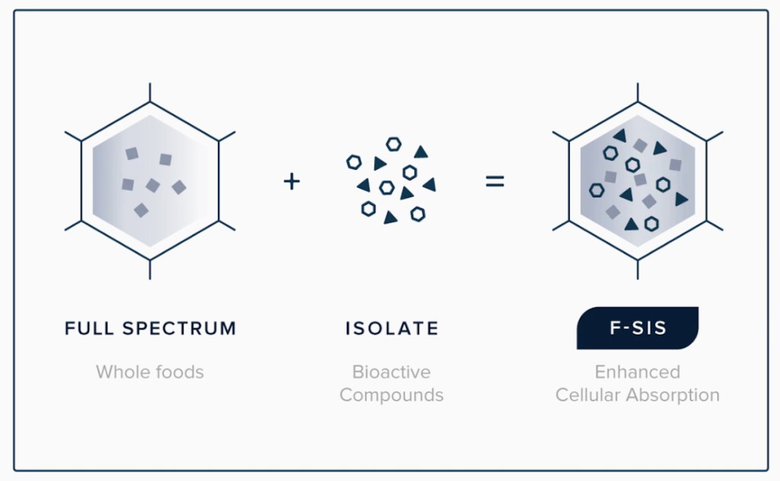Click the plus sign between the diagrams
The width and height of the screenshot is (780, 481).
[x=292, y=181]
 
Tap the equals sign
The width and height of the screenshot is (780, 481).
[x=495, y=181]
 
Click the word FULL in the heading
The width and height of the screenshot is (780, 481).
[x=90, y=328]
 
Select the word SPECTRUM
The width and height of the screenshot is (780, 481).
[x=180, y=328]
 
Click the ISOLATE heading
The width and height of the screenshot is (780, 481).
[x=392, y=328]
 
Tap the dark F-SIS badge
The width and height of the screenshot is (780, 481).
[x=638, y=328]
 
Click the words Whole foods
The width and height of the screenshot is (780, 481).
[x=150, y=372]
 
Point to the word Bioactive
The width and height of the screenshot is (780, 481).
[x=392, y=372]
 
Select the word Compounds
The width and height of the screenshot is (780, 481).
[x=392, y=395]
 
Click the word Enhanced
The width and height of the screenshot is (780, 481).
[x=638, y=372]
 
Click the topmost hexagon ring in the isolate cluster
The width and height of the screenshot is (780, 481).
[x=394, y=144]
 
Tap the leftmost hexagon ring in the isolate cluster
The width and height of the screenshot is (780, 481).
[x=353, y=162]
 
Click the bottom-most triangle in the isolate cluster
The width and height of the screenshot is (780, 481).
[x=391, y=217]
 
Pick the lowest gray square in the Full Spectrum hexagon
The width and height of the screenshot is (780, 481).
[x=141, y=210]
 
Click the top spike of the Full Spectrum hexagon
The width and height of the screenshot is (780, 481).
[x=150, y=92]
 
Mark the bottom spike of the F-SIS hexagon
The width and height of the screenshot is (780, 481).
[x=638, y=269]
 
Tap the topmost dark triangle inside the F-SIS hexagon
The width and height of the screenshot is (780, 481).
[x=620, y=135]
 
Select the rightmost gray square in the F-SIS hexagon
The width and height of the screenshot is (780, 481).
[x=675, y=165]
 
